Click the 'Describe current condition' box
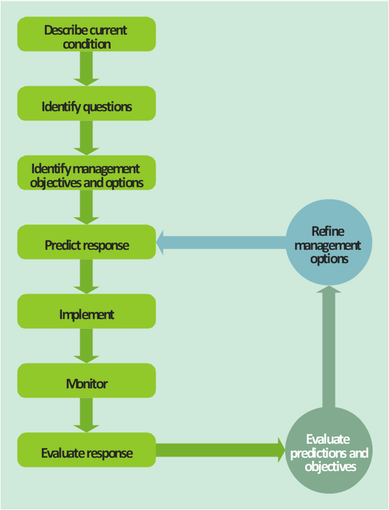click(86, 34)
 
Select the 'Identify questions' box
click(86, 103)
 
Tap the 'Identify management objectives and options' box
click(86, 173)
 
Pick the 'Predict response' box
click(86, 242)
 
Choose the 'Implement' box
click(86, 311)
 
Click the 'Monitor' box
click(86, 381)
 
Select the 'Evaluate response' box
click(86, 450)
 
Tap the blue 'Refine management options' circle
click(329, 243)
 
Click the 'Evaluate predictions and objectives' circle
click(329, 450)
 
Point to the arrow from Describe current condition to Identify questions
click(86, 69)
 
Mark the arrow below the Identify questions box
click(86, 138)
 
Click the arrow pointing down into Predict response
click(86, 207)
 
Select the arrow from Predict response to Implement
click(86, 277)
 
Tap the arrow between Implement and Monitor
click(86, 346)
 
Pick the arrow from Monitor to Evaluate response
click(86, 415)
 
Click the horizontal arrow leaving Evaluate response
click(221, 450)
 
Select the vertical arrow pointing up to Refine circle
click(329, 346)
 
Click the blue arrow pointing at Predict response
click(221, 243)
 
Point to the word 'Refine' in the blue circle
click(328, 231)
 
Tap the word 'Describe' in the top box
click(61, 30)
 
